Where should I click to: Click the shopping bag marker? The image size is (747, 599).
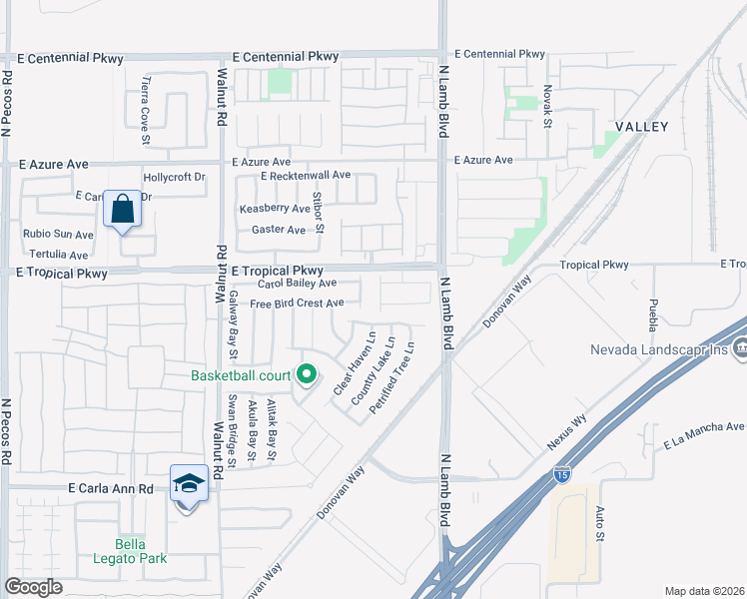click(x=122, y=210)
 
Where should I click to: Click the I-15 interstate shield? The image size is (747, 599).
click(x=563, y=475)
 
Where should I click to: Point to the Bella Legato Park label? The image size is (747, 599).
click(x=130, y=551)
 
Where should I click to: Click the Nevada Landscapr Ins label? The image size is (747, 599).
click(x=659, y=349)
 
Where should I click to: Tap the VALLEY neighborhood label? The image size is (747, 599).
click(x=641, y=126)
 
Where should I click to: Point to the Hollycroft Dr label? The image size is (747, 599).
click(x=174, y=177)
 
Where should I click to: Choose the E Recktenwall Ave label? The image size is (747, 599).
click(x=306, y=176)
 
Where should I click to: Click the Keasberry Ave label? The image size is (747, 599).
click(x=275, y=209)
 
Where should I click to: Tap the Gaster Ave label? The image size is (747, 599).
click(x=279, y=230)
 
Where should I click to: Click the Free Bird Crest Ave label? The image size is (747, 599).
click(x=297, y=303)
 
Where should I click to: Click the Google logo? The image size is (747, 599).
click(x=34, y=587)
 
